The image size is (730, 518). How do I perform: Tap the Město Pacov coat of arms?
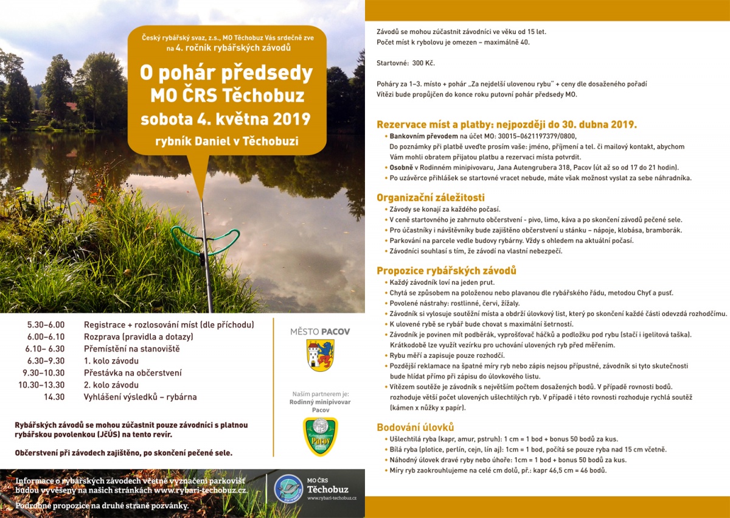[319, 355]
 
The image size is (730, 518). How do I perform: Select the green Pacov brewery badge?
[320, 436]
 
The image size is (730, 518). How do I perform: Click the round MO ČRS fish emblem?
[288, 488]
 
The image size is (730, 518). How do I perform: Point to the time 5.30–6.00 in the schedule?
[46, 325]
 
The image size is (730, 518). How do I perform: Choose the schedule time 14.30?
[54, 397]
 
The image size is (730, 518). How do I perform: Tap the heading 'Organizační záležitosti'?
[431, 197]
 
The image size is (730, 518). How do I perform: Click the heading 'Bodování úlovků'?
[415, 427]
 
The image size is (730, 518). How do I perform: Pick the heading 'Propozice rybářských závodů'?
[446, 270]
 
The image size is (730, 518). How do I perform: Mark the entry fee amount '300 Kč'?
[423, 63]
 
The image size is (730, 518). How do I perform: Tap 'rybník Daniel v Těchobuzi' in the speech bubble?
[226, 142]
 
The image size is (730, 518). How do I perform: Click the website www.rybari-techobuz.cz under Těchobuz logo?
[332, 499]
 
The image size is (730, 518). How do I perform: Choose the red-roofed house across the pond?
[72, 107]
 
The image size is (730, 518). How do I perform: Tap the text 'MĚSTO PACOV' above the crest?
[320, 332]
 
